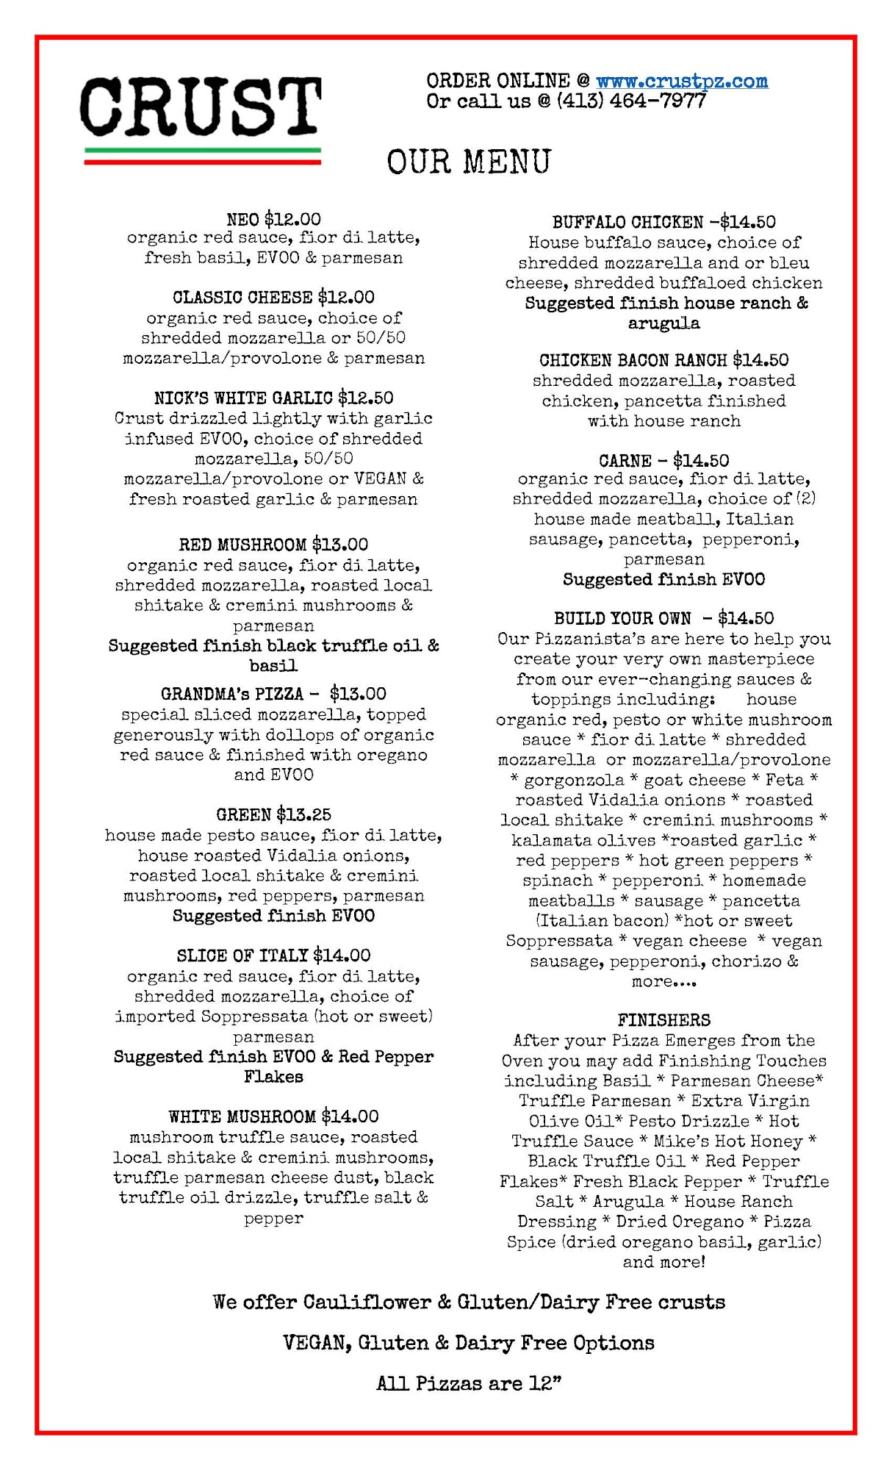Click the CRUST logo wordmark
click(200, 107)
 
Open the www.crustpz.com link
click(681, 81)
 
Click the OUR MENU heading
click(469, 162)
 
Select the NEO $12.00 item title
click(273, 219)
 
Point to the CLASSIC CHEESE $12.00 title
click(273, 298)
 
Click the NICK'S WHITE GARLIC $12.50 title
click(273, 398)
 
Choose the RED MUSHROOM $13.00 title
click(273, 545)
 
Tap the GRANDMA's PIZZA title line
click(273, 694)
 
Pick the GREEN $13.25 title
click(273, 814)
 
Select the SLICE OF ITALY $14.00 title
click(273, 955)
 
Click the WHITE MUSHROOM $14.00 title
click(273, 1116)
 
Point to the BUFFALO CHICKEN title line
click(663, 222)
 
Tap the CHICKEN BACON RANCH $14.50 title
click(663, 360)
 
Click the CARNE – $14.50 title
click(663, 461)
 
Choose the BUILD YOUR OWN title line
click(663, 618)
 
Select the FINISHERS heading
click(663, 1020)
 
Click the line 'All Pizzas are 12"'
click(469, 1384)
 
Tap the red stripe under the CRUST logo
click(203, 162)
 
